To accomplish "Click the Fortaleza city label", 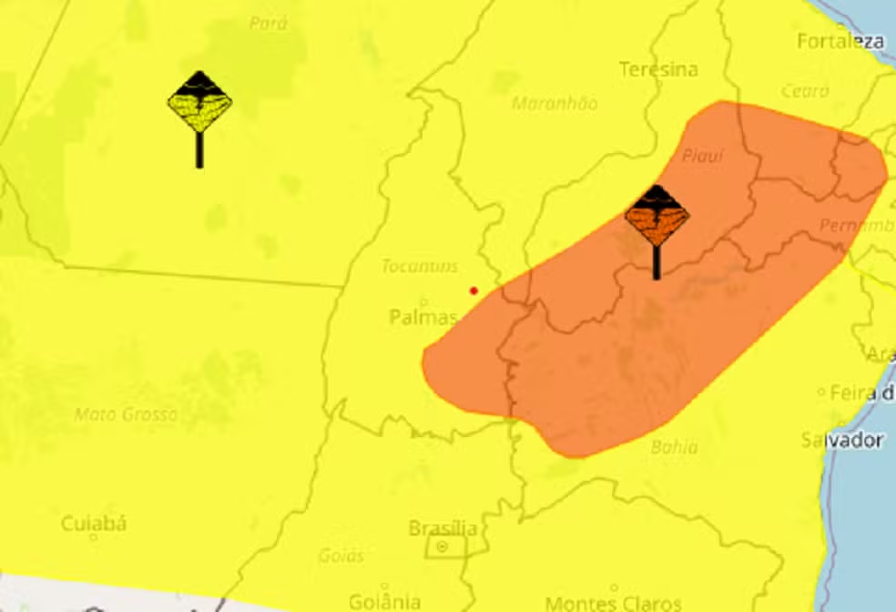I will click(840, 41).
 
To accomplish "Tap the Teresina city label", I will click(658, 69).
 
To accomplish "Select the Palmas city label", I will click(423, 317).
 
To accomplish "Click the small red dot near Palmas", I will click(473, 291).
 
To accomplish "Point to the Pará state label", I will click(268, 23).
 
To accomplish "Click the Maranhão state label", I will click(555, 103).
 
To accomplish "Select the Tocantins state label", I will click(420, 266).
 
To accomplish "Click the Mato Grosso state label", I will click(126, 414).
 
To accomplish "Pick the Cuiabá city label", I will click(93, 524).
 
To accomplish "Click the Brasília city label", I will click(443, 528).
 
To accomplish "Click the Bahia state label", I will click(674, 446).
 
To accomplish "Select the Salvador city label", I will click(842, 440).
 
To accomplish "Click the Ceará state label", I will click(805, 91).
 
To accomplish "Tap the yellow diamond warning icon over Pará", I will click(199, 102).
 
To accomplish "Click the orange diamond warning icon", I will click(657, 216).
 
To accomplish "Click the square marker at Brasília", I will click(443, 547).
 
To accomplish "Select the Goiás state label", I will click(341, 555).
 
